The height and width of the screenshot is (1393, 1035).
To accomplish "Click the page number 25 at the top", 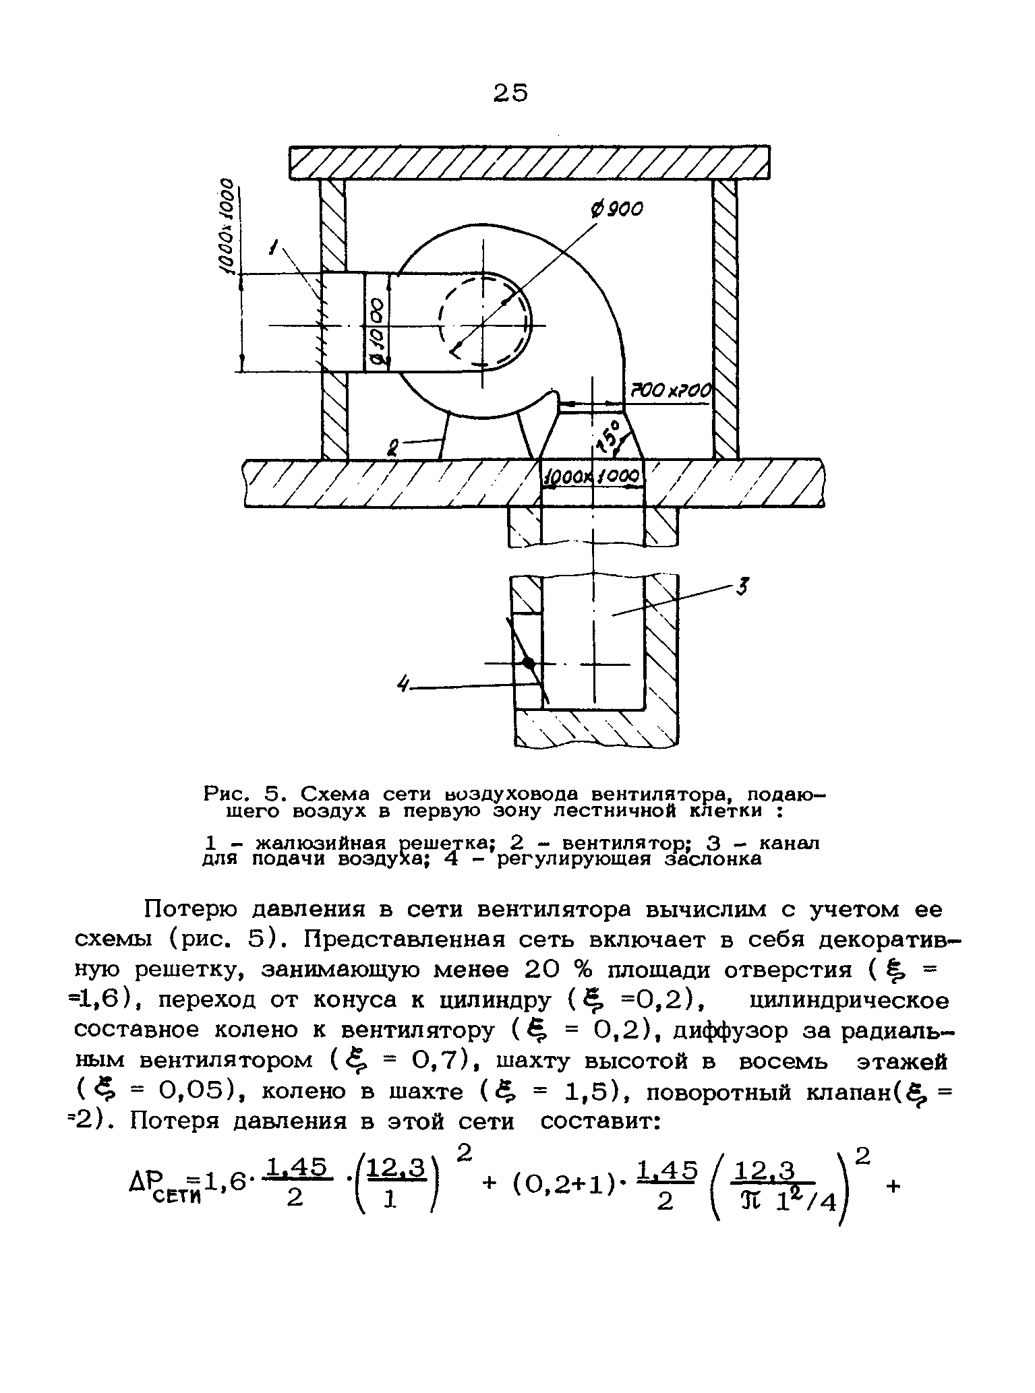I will point(510,92).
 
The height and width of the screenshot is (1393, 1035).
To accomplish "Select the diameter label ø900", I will point(616,210).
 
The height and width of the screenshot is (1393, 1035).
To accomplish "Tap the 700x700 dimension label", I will point(670,391).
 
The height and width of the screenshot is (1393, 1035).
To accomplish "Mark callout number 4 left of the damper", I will point(404,685).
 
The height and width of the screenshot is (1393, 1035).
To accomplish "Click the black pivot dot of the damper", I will point(529,663).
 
